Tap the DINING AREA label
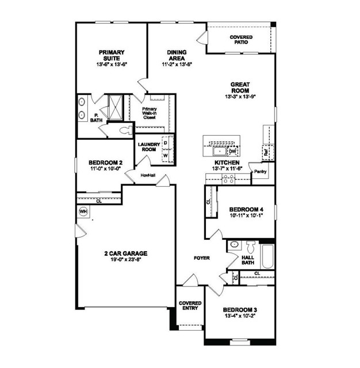(x=177, y=55)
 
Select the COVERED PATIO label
(x=241, y=40)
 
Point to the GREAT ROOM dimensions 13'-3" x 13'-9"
(x=240, y=97)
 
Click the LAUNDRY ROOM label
(x=149, y=147)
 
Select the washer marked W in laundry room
(x=166, y=155)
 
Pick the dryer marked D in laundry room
(x=166, y=141)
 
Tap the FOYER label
(x=201, y=258)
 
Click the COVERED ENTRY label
(x=189, y=305)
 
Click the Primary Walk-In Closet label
(x=150, y=113)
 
